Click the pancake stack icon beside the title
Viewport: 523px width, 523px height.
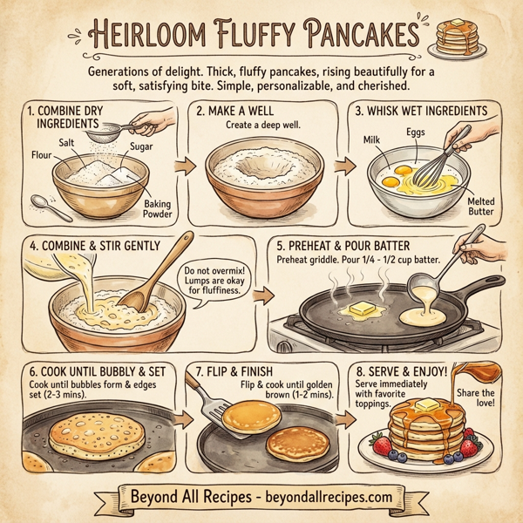click(458, 38)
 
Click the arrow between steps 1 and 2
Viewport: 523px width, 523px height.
click(183, 165)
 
